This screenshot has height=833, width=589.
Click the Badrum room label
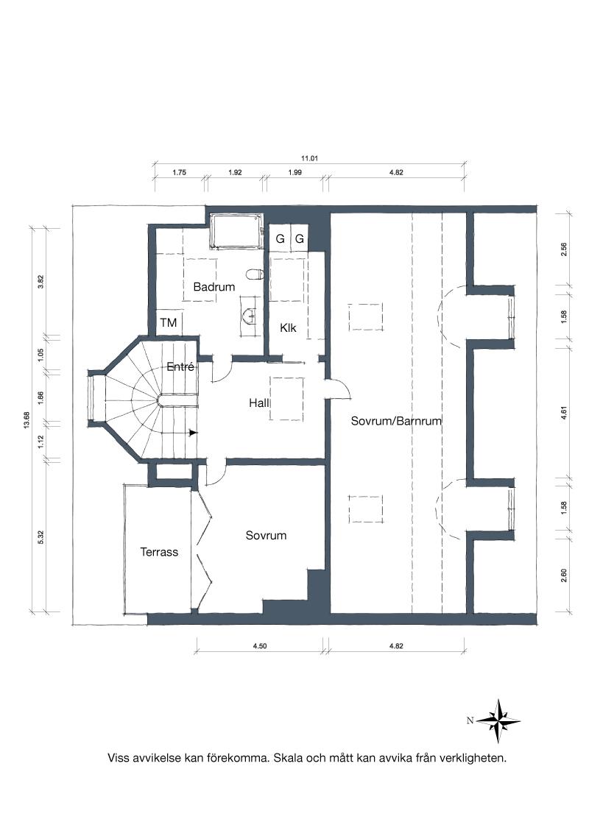point(214,287)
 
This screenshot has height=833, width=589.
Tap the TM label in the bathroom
point(169,323)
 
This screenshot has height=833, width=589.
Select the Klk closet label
point(288,327)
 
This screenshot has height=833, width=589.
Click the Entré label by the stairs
point(180,366)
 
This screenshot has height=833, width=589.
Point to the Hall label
point(259,403)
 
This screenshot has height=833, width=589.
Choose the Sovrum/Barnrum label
point(396,421)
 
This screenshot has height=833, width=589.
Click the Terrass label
point(159,552)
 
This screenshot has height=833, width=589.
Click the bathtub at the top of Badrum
point(236,231)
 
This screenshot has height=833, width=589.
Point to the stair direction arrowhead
point(194,433)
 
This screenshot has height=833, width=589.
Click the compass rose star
point(498,721)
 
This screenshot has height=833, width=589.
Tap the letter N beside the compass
point(470,721)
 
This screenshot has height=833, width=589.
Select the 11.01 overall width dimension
point(308,158)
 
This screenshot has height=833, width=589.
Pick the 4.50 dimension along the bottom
point(259,646)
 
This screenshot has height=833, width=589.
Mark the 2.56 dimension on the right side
point(564,249)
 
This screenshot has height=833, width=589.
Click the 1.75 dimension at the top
point(179,173)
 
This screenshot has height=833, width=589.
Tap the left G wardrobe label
point(280,239)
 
